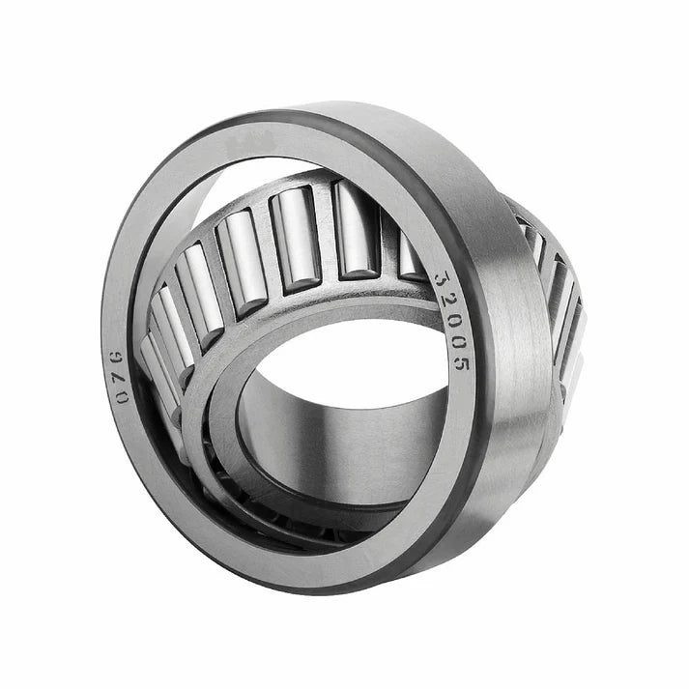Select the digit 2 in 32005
[446, 301]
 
